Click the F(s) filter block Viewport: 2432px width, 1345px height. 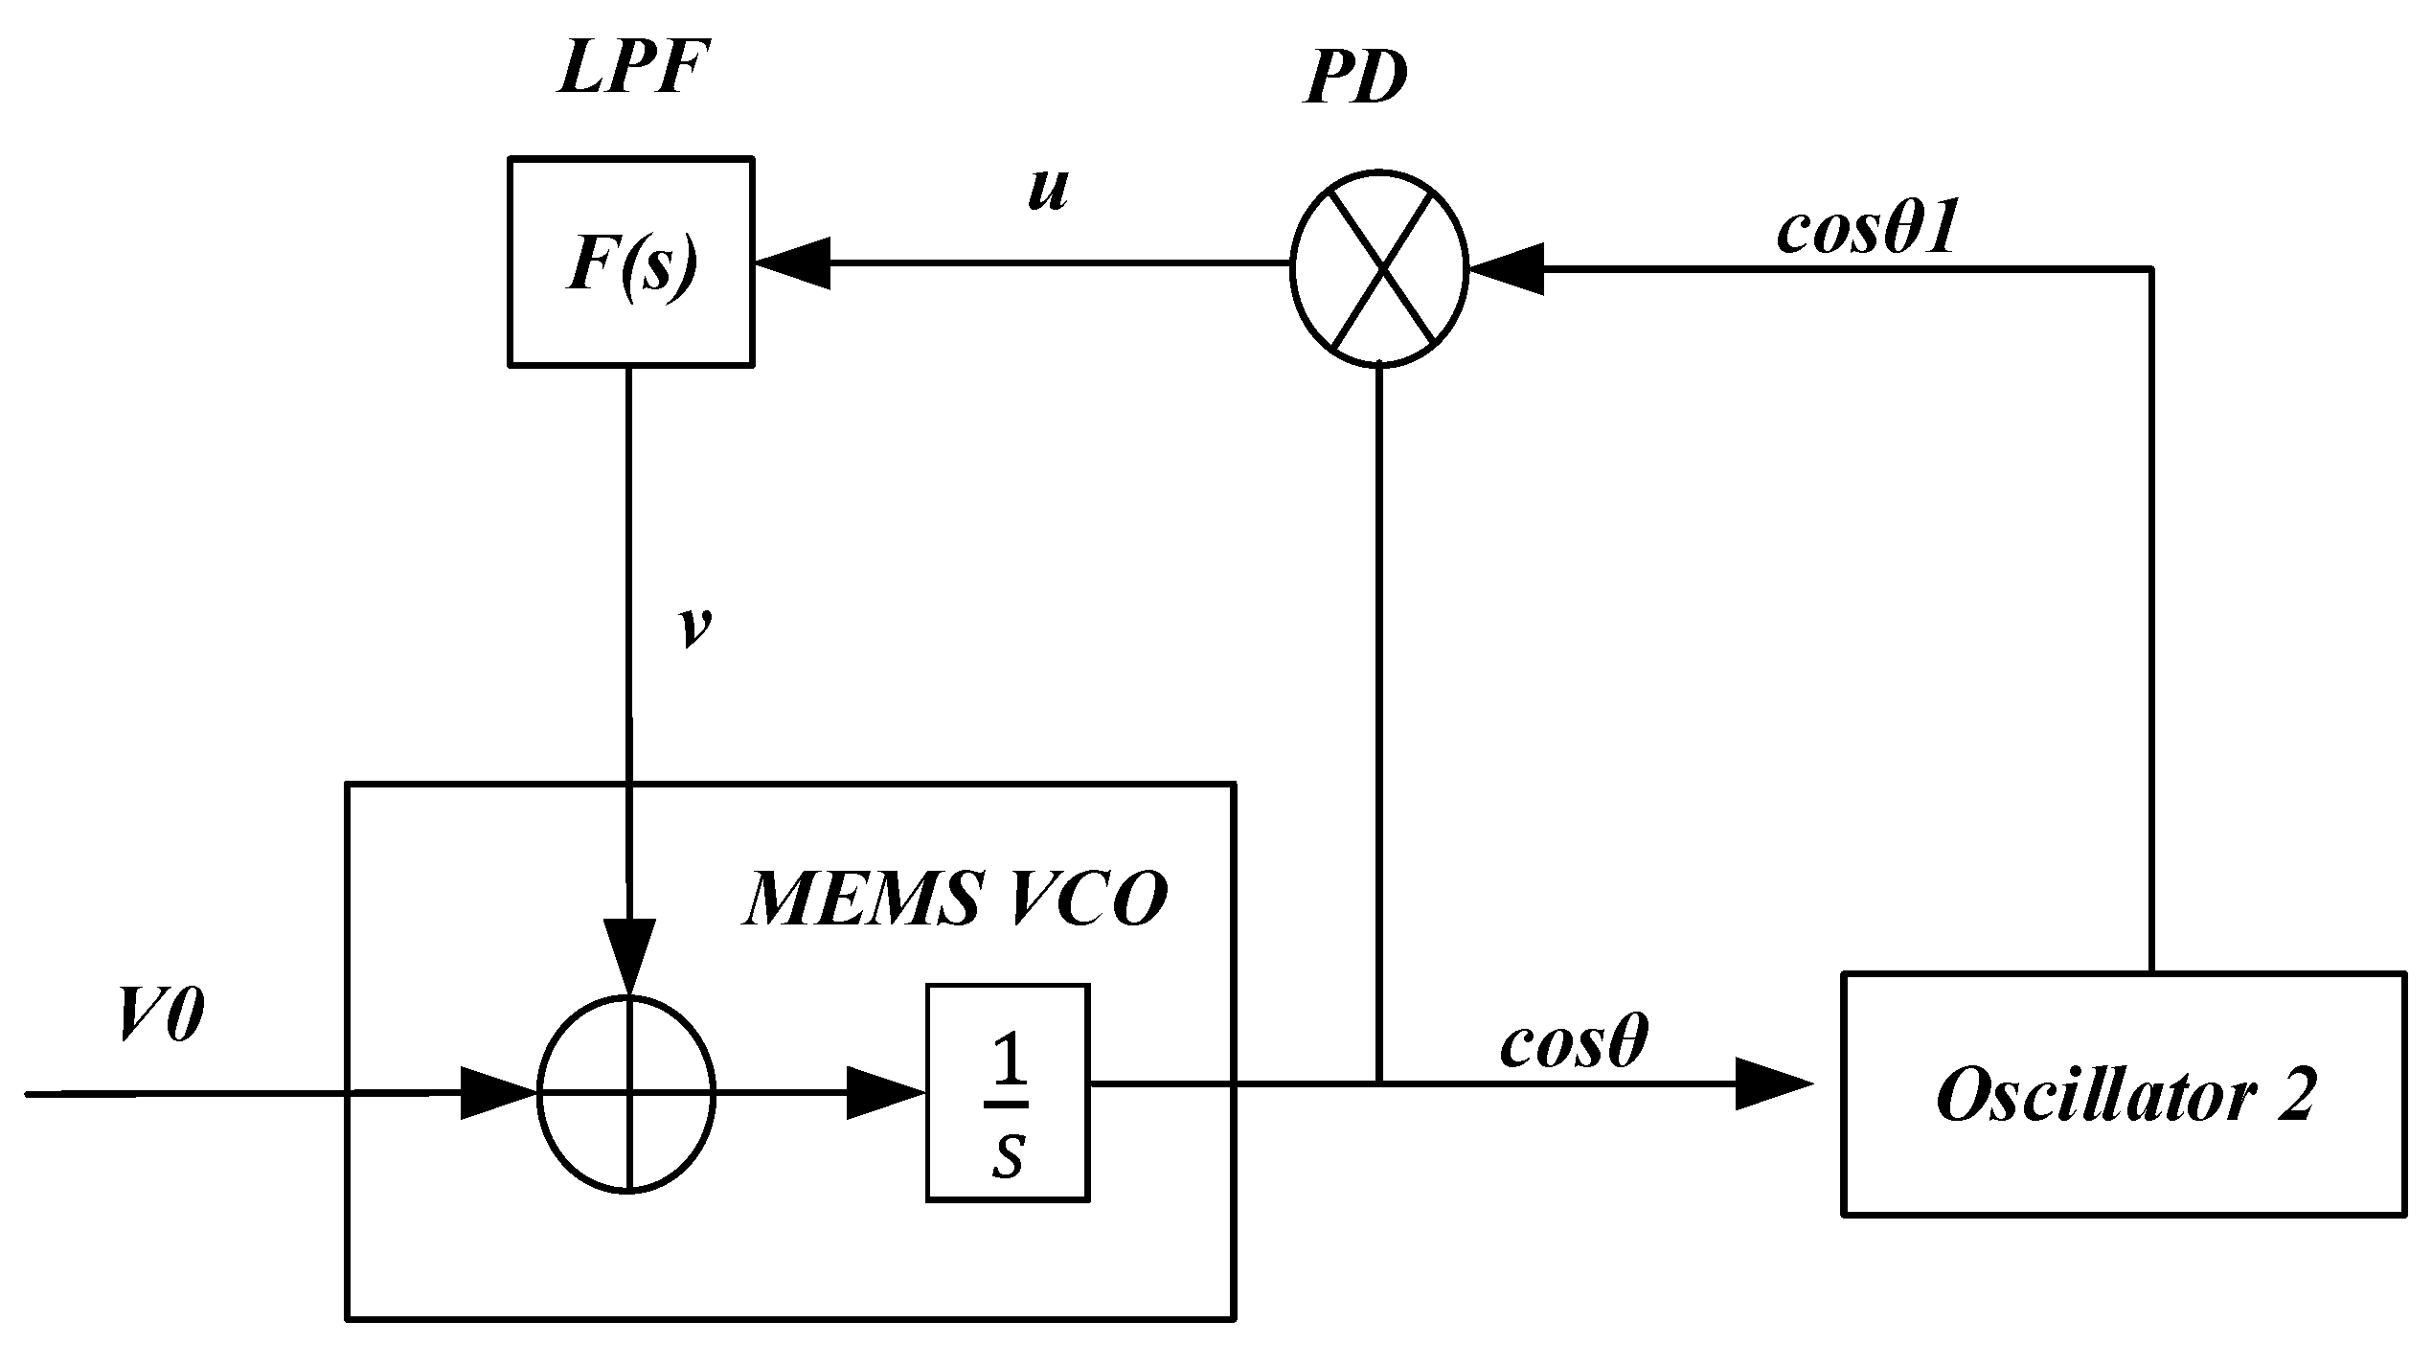pos(630,262)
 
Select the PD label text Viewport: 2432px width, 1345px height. pos(1354,79)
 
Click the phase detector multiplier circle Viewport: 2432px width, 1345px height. pos(1378,270)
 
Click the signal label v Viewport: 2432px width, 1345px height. pos(695,627)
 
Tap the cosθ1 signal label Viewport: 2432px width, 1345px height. pos(1865,231)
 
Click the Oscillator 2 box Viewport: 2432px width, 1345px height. pos(2124,1094)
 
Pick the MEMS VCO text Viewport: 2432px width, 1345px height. pos(955,900)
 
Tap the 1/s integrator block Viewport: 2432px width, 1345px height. pos(1008,1091)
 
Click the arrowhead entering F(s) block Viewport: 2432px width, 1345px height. pos(793,262)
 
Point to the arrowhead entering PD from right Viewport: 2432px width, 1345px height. pos(1506,270)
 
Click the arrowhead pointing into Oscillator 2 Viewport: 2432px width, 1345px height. pos(1774,1084)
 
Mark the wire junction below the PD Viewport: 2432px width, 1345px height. pos(1378,1083)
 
